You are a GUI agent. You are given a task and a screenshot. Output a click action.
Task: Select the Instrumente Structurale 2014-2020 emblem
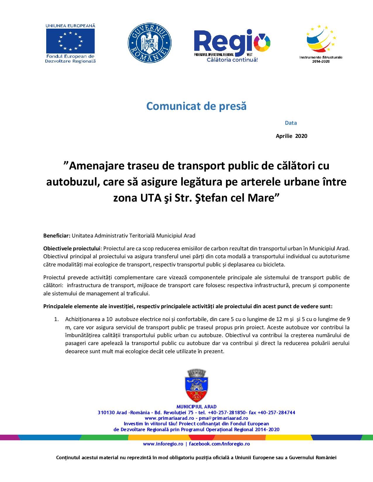point(321,43)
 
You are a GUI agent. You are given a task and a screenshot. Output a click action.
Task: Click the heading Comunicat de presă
point(196,106)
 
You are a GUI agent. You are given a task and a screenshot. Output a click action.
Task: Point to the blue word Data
point(291,123)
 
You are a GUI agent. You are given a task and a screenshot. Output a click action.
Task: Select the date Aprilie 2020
point(291,136)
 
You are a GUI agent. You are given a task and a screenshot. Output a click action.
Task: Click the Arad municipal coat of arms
point(197,386)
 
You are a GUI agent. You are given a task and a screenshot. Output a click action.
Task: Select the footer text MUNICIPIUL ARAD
point(197,407)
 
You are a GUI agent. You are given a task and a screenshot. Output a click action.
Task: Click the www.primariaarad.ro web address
point(165,418)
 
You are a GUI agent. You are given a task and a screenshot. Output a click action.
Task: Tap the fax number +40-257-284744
point(276,412)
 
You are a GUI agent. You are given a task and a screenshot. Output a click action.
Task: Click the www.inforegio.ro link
point(163,444)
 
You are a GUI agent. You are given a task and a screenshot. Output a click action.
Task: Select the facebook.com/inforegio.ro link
point(219,444)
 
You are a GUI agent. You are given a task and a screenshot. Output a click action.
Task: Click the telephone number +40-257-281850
point(227,412)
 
